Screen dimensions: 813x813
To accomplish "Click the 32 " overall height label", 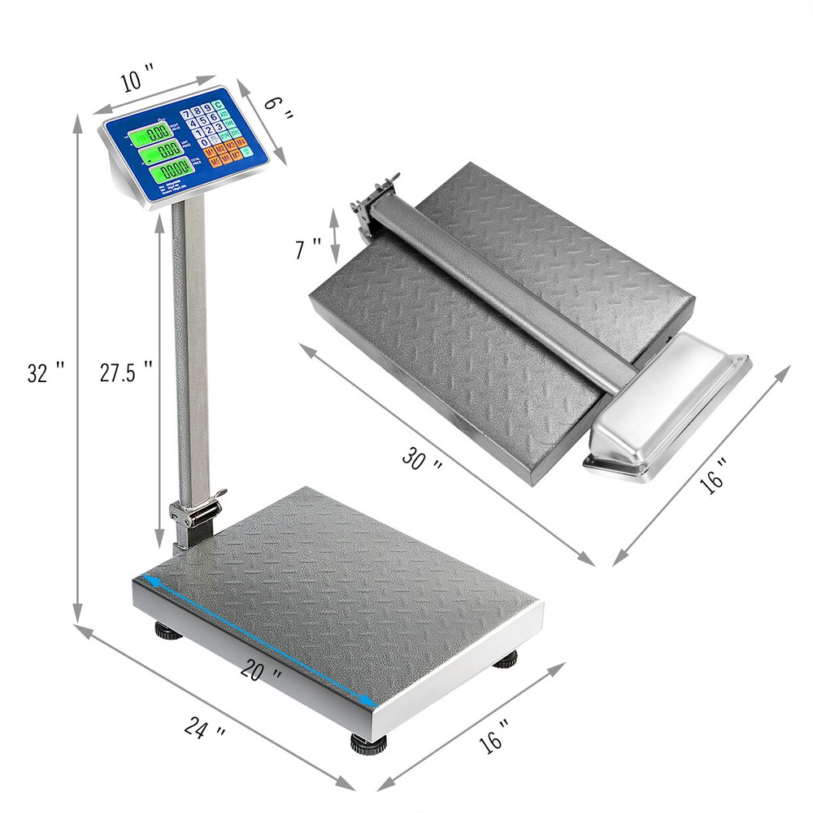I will pos(46,372).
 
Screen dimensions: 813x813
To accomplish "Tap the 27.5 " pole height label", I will pos(127,372).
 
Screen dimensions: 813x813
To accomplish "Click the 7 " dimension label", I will pos(308,248).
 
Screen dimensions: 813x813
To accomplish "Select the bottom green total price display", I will pos(172,169).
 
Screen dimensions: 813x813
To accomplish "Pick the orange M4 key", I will pos(241,142).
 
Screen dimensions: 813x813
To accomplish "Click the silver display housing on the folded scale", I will pos(667,406).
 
